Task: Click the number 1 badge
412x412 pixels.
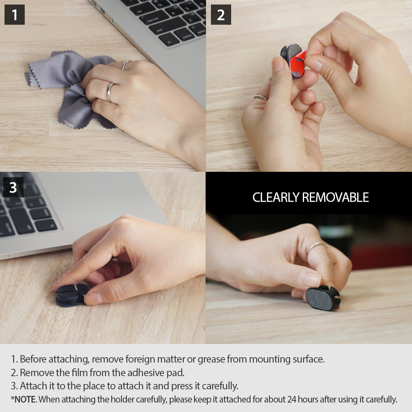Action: (x=14, y=15)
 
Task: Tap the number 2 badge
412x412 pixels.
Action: (x=221, y=15)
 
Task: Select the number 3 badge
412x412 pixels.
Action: (x=13, y=187)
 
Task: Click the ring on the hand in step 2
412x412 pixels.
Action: (x=260, y=97)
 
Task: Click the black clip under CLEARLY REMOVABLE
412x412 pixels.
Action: (x=323, y=297)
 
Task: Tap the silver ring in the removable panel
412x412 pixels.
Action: (x=316, y=246)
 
